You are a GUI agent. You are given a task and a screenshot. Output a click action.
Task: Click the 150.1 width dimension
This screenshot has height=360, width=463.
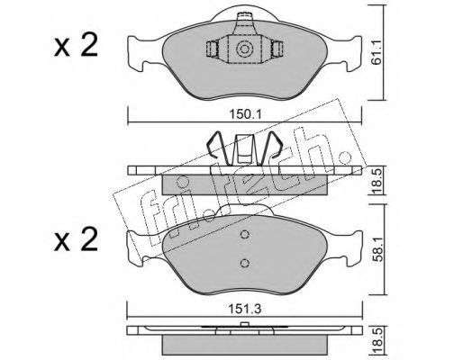(x=245, y=114)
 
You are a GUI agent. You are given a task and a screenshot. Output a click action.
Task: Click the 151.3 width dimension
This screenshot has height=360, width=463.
(x=245, y=309)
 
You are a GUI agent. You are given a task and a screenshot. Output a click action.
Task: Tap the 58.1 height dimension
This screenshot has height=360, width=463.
(x=377, y=250)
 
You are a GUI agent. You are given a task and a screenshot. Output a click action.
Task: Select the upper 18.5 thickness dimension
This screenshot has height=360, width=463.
(x=377, y=181)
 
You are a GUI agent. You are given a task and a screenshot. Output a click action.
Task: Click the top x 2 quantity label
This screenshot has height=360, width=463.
(x=77, y=45)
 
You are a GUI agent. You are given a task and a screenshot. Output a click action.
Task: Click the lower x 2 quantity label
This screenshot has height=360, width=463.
(x=77, y=239)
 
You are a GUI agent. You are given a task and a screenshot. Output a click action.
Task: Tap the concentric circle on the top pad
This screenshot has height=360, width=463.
(x=243, y=49)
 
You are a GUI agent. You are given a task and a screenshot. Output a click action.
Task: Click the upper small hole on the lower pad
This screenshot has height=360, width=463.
(x=245, y=234)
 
